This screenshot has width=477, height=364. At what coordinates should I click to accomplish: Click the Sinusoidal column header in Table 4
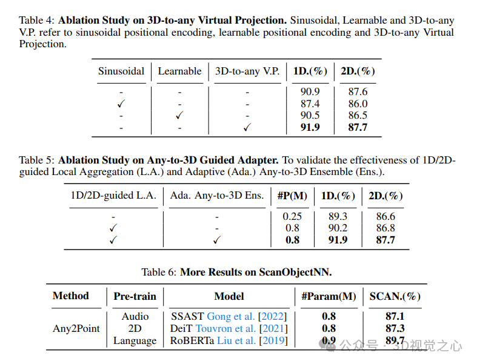click(121, 71)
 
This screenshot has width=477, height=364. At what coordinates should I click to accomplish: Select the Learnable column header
click(179, 71)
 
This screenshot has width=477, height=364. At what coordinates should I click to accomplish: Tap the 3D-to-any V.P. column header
click(247, 71)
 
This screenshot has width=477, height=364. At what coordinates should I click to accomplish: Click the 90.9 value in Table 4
click(310, 92)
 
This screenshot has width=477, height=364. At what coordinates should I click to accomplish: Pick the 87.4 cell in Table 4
click(310, 104)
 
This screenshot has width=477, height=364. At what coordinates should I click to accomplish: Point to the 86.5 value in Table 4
click(358, 116)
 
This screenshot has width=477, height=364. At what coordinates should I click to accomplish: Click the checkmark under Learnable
click(179, 116)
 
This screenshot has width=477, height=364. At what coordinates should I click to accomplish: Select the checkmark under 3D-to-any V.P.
click(247, 128)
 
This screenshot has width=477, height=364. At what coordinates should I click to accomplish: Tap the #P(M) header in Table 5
click(292, 196)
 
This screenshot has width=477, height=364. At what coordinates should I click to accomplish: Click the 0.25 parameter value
click(292, 216)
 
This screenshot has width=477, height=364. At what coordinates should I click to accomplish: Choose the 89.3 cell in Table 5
click(338, 216)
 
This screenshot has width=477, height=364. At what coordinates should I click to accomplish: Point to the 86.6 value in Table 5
click(385, 216)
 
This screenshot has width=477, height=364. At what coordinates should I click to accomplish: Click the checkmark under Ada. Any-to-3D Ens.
click(217, 240)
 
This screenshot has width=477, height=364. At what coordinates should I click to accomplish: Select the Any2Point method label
click(76, 328)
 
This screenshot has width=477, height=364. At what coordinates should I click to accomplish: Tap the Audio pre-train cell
click(135, 316)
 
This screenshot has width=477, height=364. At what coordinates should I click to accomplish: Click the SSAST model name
click(187, 316)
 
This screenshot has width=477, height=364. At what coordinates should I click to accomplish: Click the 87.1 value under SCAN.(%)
click(395, 316)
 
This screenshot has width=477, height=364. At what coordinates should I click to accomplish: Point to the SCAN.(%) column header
click(395, 296)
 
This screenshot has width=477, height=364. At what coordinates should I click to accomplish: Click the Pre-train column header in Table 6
click(135, 296)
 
